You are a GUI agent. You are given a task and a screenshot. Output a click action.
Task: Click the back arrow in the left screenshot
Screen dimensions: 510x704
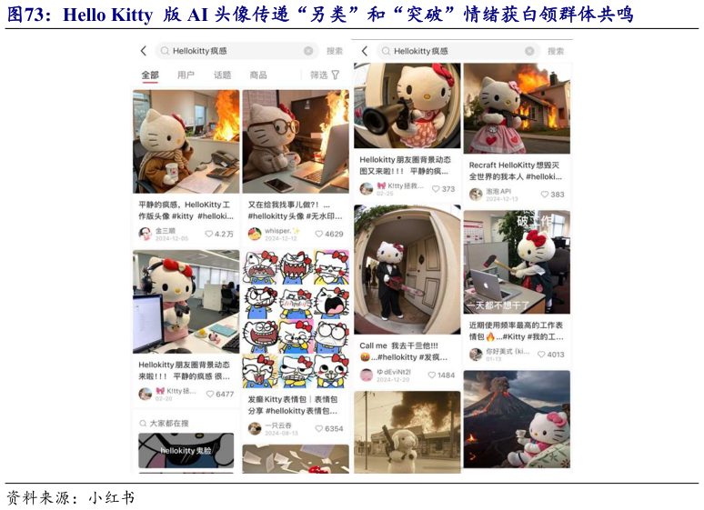coord(143,52)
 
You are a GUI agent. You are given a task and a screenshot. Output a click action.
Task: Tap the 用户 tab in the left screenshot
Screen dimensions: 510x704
coord(186,75)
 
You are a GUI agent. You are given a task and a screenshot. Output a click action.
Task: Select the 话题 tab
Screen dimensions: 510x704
coord(222,75)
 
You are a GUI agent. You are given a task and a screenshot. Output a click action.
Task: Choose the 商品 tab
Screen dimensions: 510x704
coord(258,75)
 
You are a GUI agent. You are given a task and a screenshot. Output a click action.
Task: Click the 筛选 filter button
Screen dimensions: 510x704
coord(324,75)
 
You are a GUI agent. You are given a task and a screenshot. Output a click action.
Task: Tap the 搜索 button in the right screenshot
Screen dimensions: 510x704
coord(556,52)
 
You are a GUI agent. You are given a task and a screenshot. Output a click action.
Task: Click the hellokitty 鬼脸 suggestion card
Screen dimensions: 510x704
coord(186,451)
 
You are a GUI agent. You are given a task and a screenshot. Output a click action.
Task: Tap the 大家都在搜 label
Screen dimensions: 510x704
coord(168,424)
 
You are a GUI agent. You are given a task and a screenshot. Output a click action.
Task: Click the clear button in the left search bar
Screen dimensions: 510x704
coord(308,52)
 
